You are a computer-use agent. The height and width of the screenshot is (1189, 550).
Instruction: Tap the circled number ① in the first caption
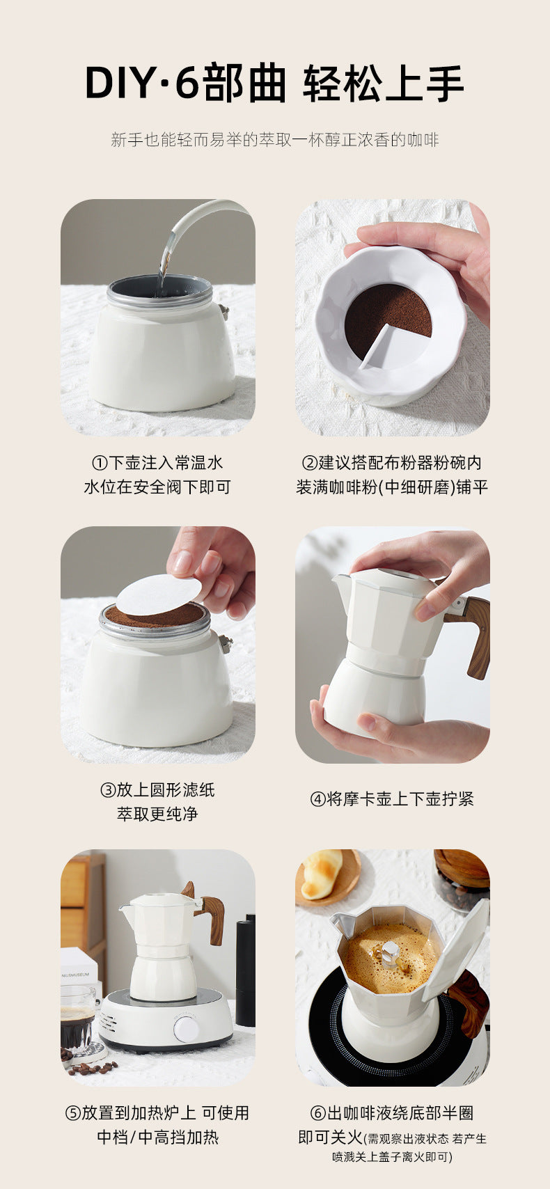click(100, 463)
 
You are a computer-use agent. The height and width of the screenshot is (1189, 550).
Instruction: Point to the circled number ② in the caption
click(310, 463)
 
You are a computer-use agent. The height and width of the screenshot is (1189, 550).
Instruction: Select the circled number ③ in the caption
click(108, 790)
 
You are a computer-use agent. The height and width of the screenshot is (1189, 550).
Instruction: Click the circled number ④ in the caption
click(318, 799)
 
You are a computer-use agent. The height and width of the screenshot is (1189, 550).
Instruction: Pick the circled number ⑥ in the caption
click(318, 1113)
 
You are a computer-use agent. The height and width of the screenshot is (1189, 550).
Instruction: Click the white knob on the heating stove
click(187, 1030)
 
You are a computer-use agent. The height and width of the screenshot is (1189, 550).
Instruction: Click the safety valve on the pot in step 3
click(226, 644)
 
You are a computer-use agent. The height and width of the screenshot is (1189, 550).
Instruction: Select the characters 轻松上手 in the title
click(384, 84)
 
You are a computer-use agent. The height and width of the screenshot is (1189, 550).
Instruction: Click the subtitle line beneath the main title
click(275, 140)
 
